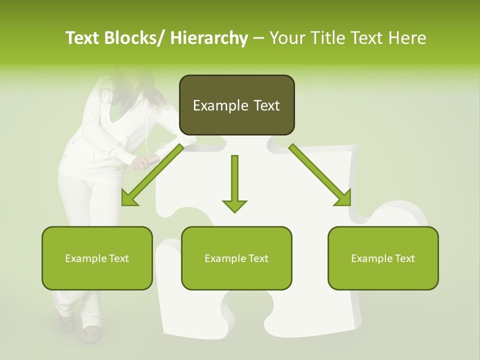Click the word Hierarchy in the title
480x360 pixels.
[209, 38]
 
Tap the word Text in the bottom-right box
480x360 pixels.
[404, 258]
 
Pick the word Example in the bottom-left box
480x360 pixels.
[85, 258]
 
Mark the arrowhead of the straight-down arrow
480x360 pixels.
[234, 205]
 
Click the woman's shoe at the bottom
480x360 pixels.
[90, 333]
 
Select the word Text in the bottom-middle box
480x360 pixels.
[258, 258]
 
